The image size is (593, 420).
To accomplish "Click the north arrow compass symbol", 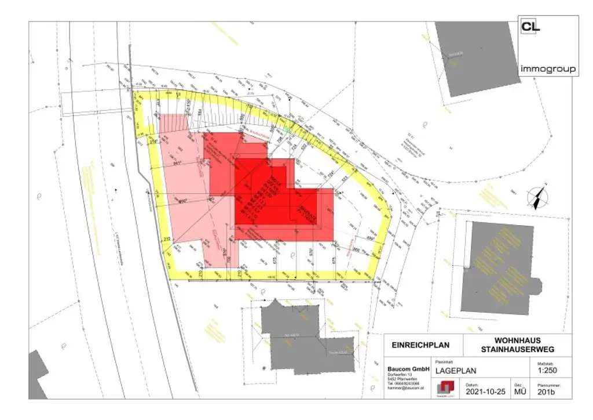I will click(x=539, y=197).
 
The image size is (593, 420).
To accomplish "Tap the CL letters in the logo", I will click(x=530, y=27).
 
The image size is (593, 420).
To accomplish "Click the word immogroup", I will click(x=547, y=69).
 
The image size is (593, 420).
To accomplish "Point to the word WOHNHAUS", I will click(x=517, y=340).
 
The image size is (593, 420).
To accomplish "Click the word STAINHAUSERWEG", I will click(x=517, y=349).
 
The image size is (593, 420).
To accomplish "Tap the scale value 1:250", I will click(x=548, y=371).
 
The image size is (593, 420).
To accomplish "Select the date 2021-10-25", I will click(x=485, y=392).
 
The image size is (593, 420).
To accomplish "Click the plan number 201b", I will click(x=547, y=392).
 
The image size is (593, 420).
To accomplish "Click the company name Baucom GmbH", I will click(x=408, y=369).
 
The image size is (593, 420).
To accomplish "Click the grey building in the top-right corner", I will click(x=477, y=58).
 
